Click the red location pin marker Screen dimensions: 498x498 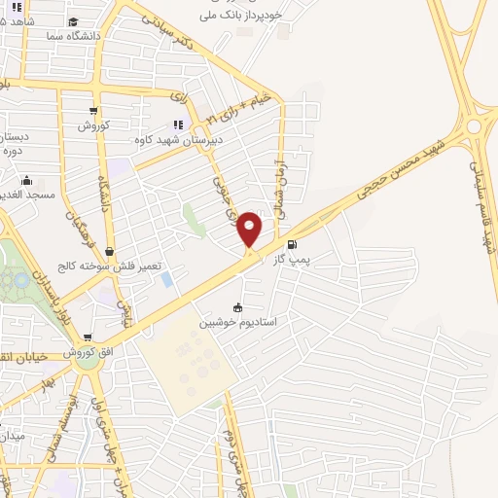coord(250,229)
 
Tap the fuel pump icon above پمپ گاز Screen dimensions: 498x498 coord(294,244)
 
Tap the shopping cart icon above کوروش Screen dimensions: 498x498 coord(93,110)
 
